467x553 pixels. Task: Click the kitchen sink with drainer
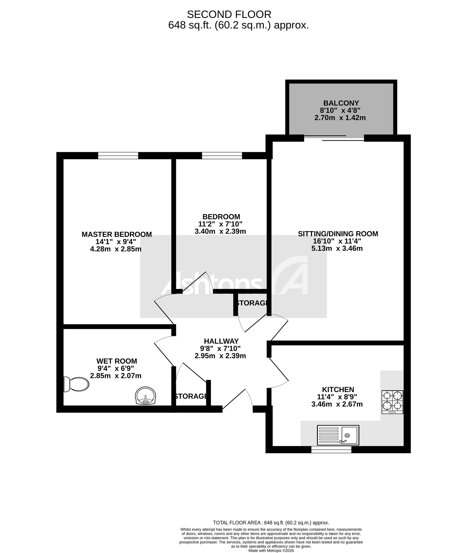pyautogui.click(x=338, y=435)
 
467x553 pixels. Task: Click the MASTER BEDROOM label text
pyautogui.click(x=117, y=234)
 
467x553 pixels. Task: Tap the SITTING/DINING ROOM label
pyautogui.click(x=338, y=234)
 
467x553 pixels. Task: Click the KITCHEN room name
pyautogui.click(x=338, y=389)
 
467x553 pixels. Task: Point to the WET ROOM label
pyautogui.click(x=117, y=361)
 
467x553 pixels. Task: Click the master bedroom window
pyautogui.click(x=118, y=156)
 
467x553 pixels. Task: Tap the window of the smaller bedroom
pyautogui.click(x=222, y=156)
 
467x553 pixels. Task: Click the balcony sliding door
pyautogui.click(x=334, y=138)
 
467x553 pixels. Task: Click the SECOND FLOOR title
pyautogui.click(x=229, y=14)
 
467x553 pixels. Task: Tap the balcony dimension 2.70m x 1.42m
pyautogui.click(x=340, y=118)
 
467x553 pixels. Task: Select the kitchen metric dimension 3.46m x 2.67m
pyautogui.click(x=337, y=404)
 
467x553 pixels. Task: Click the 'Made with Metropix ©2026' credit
pyautogui.click(x=271, y=551)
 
